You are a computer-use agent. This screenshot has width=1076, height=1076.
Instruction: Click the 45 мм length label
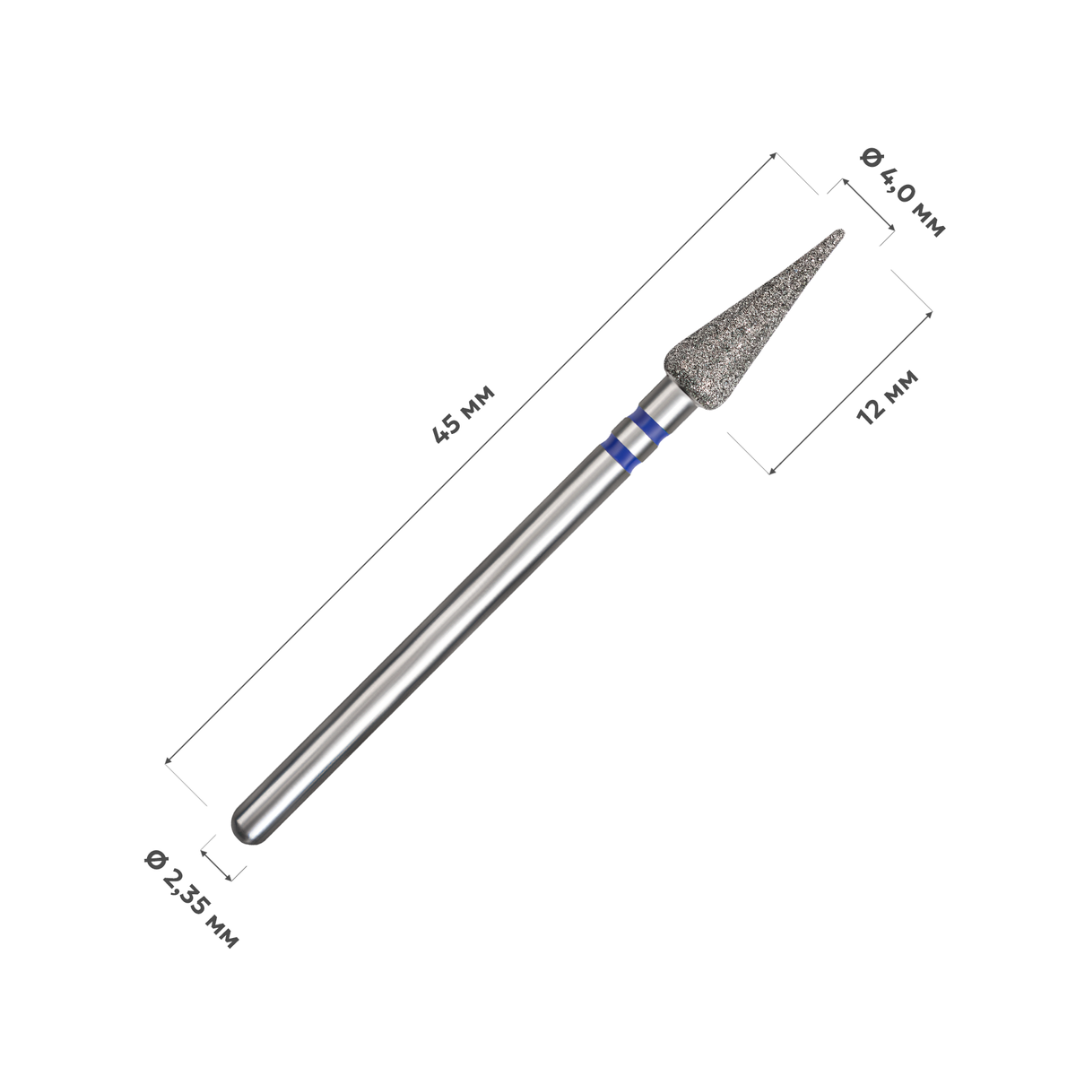(464, 413)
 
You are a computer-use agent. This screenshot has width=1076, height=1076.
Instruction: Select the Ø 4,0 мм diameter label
(903, 192)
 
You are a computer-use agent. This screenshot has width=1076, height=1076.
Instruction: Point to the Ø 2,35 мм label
(192, 898)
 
